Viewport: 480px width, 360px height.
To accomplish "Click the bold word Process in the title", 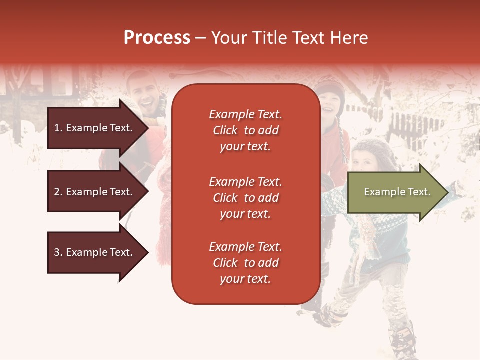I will coord(157,38).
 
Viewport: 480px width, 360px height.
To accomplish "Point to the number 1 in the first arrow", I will coord(57,128).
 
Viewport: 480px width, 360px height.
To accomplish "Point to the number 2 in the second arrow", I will coord(57,192).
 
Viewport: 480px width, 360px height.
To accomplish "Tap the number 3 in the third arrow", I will coord(57,252).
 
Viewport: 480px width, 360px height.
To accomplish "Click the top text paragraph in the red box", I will coord(245,130).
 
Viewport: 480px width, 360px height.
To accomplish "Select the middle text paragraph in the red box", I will coord(245,198).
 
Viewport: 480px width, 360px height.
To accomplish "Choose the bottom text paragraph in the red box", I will coord(245,263).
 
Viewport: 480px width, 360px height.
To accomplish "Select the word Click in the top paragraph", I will coord(225,130).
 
